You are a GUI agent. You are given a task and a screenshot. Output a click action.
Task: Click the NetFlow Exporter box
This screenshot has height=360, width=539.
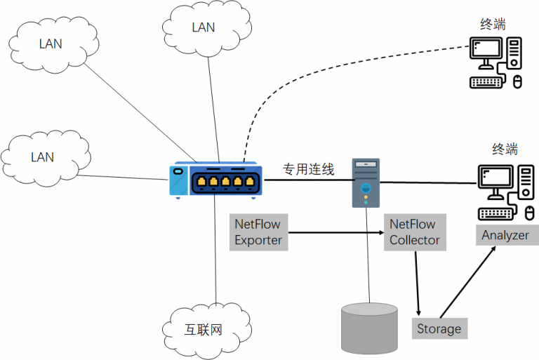[258, 232]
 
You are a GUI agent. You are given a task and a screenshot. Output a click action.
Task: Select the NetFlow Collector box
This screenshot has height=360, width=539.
[415, 232]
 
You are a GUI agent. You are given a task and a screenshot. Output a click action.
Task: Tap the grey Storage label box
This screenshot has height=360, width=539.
[439, 328]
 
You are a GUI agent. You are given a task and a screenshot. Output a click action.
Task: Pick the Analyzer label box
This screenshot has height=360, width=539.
[505, 235]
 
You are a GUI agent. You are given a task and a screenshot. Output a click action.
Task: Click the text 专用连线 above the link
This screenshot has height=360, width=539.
[308, 169]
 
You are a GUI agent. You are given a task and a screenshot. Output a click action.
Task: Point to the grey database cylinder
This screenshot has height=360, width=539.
[368, 328]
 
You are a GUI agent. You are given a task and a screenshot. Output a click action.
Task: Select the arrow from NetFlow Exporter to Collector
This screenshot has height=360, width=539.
[337, 232]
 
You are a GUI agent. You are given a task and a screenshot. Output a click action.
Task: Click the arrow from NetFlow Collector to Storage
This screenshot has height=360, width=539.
[418, 281]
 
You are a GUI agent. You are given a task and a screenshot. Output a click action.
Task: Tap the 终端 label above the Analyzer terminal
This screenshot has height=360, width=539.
[505, 149]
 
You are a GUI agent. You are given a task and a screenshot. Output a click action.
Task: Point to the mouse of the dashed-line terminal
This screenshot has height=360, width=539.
[518, 82]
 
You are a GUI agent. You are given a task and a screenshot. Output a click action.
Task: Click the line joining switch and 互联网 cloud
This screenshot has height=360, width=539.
[215, 253]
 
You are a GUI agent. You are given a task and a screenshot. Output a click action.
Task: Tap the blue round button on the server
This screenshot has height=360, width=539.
[365, 188]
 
